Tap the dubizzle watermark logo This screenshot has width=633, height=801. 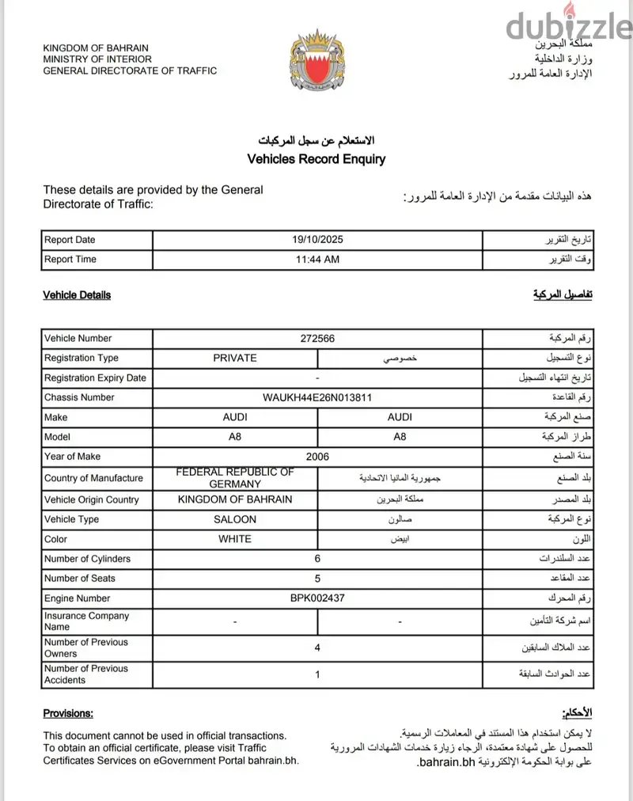(x=566, y=28)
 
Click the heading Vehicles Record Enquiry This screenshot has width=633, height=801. (x=316, y=159)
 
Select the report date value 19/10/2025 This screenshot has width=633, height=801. (x=316, y=240)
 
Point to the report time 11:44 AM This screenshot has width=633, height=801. (x=317, y=259)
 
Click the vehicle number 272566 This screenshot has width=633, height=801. (x=317, y=338)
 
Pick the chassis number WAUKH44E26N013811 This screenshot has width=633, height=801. (x=317, y=397)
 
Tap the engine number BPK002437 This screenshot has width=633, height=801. (x=317, y=598)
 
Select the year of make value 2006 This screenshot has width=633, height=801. (x=317, y=457)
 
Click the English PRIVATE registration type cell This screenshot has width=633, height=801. (x=235, y=358)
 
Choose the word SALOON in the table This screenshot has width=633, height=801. (x=235, y=519)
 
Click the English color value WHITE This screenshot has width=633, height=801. (x=235, y=539)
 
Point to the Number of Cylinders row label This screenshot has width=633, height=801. (x=88, y=559)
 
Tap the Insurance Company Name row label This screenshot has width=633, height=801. (x=86, y=621)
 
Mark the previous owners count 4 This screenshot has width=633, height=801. (x=317, y=648)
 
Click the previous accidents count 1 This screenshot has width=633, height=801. (x=317, y=674)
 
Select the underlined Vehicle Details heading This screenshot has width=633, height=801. (x=77, y=295)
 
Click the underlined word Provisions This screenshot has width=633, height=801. (x=68, y=713)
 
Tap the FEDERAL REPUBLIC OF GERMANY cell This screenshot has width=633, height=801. (x=235, y=478)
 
